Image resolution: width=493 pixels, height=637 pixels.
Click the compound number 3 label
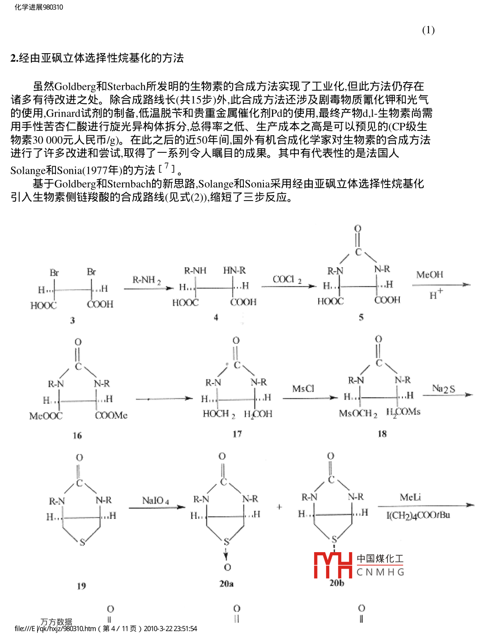[72, 320]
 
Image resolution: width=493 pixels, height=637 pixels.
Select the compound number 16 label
[77, 435]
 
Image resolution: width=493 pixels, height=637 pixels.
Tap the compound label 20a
[226, 583]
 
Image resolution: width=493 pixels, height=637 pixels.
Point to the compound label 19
[81, 586]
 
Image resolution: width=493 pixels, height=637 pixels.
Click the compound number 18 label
[382, 433]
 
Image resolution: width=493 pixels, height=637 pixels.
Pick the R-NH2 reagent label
[146, 280]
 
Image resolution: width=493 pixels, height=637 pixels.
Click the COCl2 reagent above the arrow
[287, 280]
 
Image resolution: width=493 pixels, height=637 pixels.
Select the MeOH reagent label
[429, 275]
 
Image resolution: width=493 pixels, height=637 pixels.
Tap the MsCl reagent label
[303, 389]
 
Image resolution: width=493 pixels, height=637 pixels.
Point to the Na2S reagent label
[443, 389]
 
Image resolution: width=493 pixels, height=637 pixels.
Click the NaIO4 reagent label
[155, 500]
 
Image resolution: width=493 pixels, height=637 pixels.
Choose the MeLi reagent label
[410, 497]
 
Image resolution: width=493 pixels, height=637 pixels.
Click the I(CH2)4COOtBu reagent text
[418, 515]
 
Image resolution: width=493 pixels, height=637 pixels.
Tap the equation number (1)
[428, 30]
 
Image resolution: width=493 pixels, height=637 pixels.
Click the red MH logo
[333, 565]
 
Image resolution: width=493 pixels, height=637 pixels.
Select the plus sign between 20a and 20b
[280, 507]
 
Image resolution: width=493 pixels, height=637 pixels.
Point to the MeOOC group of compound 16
[46, 416]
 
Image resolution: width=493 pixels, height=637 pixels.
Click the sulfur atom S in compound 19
[82, 542]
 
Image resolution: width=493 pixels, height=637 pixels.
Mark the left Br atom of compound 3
[54, 272]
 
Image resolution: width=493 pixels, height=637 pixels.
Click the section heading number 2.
[14, 58]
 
